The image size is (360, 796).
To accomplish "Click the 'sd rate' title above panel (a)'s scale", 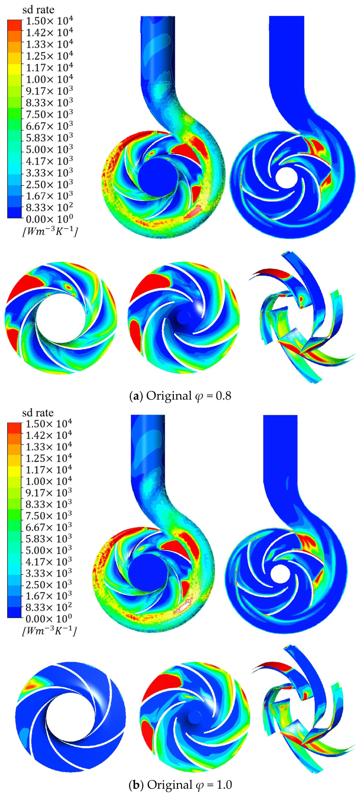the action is (38, 10).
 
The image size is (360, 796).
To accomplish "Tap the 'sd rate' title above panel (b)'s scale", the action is (38, 413).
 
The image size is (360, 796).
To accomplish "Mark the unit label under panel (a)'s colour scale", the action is (49, 232).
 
